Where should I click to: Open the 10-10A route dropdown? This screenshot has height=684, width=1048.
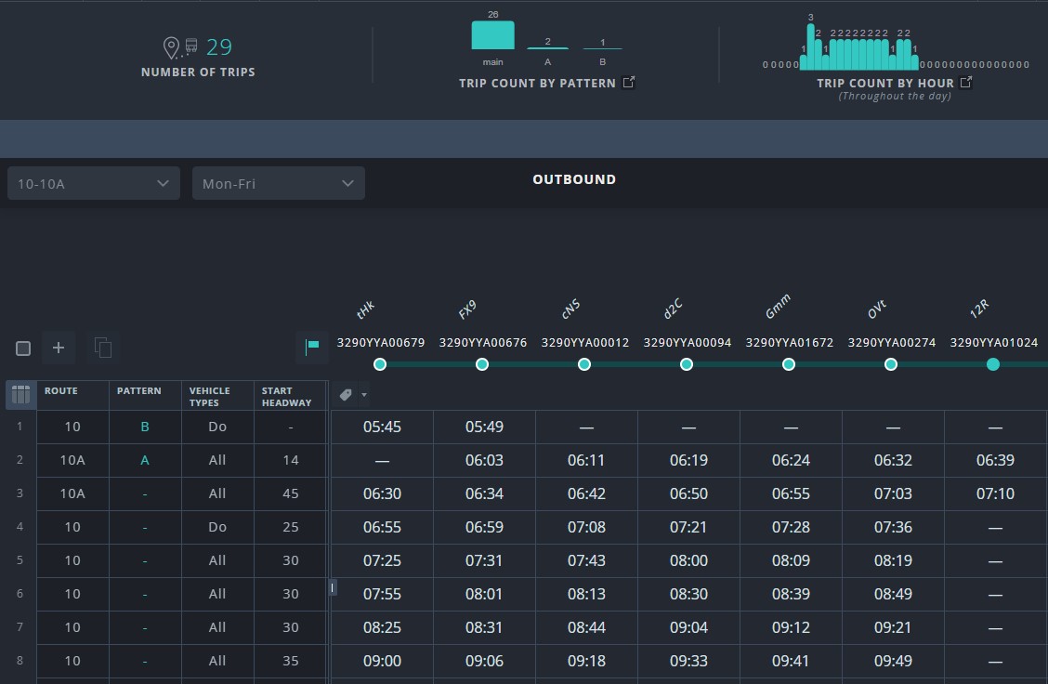pyautogui.click(x=93, y=183)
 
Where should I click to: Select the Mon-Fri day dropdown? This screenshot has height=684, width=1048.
pyautogui.click(x=278, y=183)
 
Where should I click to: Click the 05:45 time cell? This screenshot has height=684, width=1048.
pyautogui.click(x=382, y=427)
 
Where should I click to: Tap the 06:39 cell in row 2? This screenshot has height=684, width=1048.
pyautogui.click(x=995, y=460)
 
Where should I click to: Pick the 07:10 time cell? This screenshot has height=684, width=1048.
pyautogui.click(x=995, y=493)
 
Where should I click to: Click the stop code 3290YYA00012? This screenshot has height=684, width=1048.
pyautogui.click(x=584, y=343)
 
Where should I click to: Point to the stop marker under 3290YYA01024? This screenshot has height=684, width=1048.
pyautogui.click(x=993, y=364)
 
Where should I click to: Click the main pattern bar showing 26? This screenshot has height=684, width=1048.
pyautogui.click(x=492, y=35)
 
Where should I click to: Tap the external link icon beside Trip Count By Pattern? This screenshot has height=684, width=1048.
pyautogui.click(x=629, y=83)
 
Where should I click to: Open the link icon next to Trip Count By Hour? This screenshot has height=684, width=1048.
pyautogui.click(x=966, y=83)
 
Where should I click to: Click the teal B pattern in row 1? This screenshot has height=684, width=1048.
pyautogui.click(x=144, y=427)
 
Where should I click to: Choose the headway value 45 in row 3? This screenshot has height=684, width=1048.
pyautogui.click(x=290, y=493)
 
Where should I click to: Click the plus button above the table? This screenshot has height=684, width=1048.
pyautogui.click(x=59, y=348)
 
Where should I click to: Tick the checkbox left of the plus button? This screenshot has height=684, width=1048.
pyautogui.click(x=23, y=349)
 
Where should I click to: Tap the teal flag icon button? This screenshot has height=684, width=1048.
pyautogui.click(x=312, y=347)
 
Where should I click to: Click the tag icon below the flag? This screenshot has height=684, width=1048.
pyautogui.click(x=347, y=395)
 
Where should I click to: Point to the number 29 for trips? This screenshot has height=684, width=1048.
pyautogui.click(x=219, y=46)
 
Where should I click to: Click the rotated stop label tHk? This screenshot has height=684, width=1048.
pyautogui.click(x=365, y=310)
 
